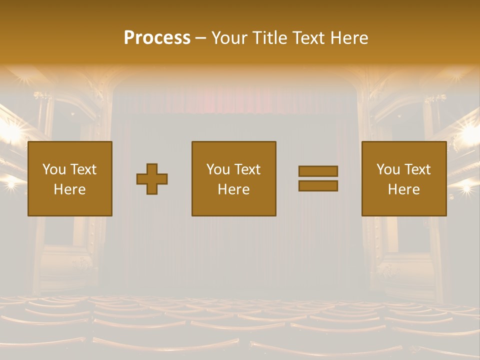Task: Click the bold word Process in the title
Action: pos(157,38)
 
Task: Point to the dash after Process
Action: pos(201,38)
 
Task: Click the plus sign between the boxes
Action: pos(152,179)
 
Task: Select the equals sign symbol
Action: pos(318,178)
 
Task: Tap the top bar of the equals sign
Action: pos(318,171)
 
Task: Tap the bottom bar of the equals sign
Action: pos(318,186)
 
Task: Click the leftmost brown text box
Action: pos(70,179)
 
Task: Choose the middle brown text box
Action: pos(233,179)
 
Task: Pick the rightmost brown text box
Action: pos(404,179)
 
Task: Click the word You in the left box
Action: pos(54,169)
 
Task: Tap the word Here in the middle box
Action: pos(233,189)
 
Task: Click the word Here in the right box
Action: pos(404,189)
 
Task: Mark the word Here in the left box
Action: pos(70,189)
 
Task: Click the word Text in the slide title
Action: pos(306,38)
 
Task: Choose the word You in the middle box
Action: pos(218,169)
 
